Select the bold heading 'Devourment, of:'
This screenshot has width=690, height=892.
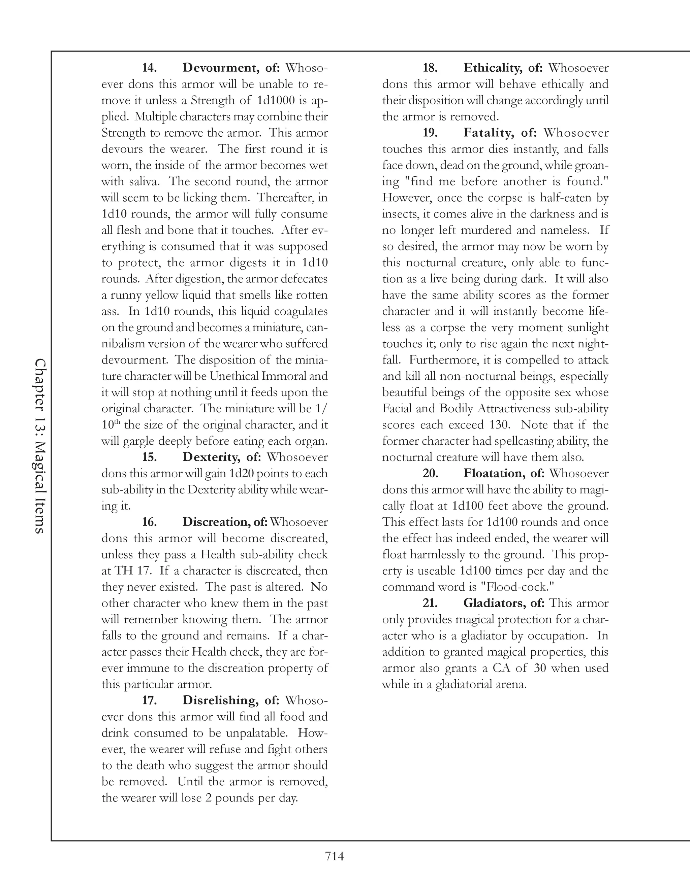pyautogui.click(x=231, y=68)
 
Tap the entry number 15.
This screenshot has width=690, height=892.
pyautogui.click(x=149, y=457)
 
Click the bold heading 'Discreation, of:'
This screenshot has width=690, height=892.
pyautogui.click(x=225, y=522)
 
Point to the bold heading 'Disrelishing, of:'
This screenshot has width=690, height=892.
pyautogui.click(x=230, y=700)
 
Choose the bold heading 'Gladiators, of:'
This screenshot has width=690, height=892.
pyautogui.click(x=504, y=603)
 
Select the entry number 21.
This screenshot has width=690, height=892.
pyautogui.click(x=430, y=603)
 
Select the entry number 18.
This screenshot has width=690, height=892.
pyautogui.click(x=430, y=68)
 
